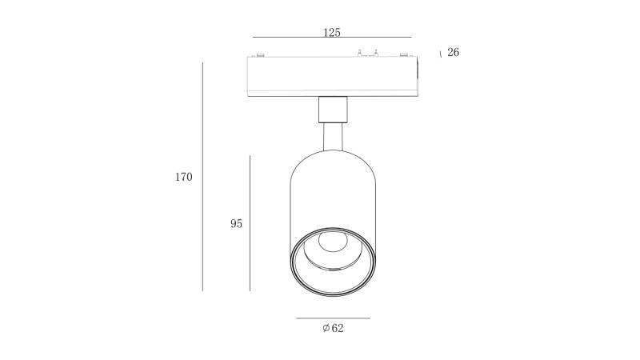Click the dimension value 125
(331, 32)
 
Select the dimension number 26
(453, 52)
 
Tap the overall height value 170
(184, 177)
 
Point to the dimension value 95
(236, 224)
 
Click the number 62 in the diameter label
(338, 328)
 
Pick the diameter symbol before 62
(326, 328)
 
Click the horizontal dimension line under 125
(332, 37)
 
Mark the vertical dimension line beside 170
(203, 177)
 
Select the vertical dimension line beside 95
(250, 223)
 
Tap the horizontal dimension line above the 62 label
(333, 318)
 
